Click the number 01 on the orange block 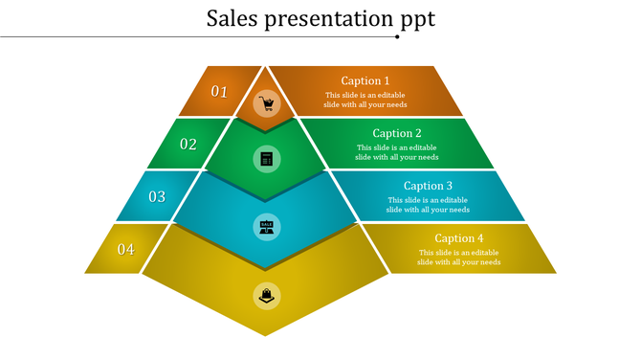220,92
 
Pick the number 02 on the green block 188,145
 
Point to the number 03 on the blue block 157,196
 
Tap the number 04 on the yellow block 126,249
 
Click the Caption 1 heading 365,81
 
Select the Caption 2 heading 397,134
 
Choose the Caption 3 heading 428,186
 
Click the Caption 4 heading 459,238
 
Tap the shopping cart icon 267,104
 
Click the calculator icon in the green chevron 267,158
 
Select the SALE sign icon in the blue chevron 267,226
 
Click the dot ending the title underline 397,37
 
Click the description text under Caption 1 365,100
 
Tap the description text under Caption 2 397,152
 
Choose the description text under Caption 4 459,257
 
